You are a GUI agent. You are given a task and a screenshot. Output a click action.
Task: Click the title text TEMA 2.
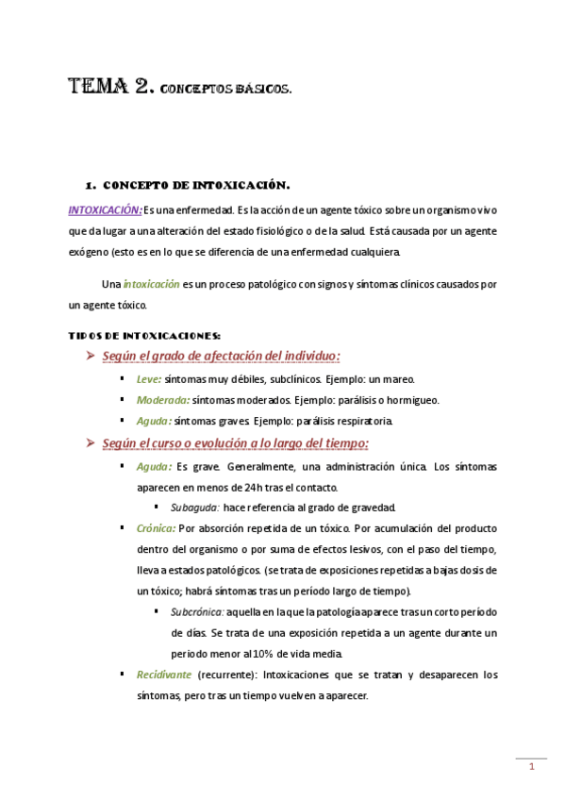click(111, 88)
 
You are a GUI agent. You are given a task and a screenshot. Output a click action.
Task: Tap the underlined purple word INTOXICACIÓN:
click(106, 209)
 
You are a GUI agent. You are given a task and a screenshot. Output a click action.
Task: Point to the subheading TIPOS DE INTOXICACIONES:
click(145, 335)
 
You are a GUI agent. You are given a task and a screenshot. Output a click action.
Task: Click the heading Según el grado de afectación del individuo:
click(222, 356)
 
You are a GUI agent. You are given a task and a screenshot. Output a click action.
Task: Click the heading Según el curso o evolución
click(236, 443)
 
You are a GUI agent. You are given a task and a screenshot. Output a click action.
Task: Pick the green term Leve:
click(149, 378)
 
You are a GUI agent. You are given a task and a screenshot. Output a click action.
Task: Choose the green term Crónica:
click(156, 528)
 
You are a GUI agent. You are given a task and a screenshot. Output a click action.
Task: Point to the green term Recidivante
click(164, 675)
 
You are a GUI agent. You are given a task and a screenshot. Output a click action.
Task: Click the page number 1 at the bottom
click(532, 767)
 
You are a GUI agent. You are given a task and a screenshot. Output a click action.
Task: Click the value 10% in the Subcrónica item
click(269, 654)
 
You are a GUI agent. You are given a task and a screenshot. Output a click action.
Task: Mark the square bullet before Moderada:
click(123, 400)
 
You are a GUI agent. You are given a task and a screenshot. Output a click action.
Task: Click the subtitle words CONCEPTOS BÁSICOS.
click(226, 91)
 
